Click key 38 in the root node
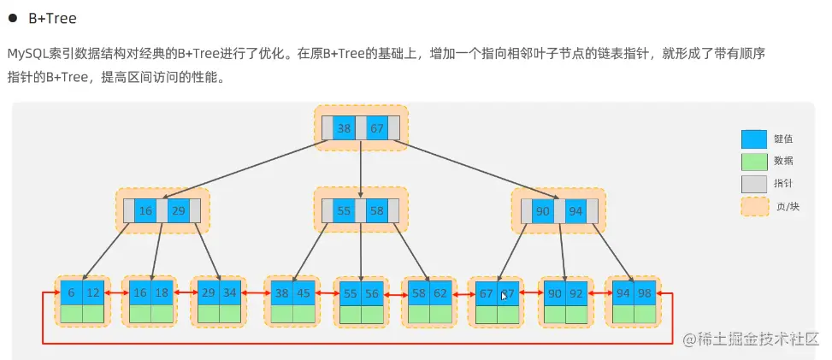pos(344,128)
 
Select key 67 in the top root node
pos(376,128)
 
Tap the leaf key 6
pos(71,292)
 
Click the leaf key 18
pos(162,292)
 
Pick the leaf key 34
pos(230,292)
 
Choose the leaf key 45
pos(304,292)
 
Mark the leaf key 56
pos(372,292)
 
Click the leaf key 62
pos(440,292)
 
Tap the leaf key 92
pos(577,292)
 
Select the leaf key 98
pos(645,292)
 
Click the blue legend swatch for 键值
pos(753,139)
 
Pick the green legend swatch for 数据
pos(753,161)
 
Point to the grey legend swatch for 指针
pos(753,184)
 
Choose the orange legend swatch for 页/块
pos(753,206)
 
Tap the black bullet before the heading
pos(14,18)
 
